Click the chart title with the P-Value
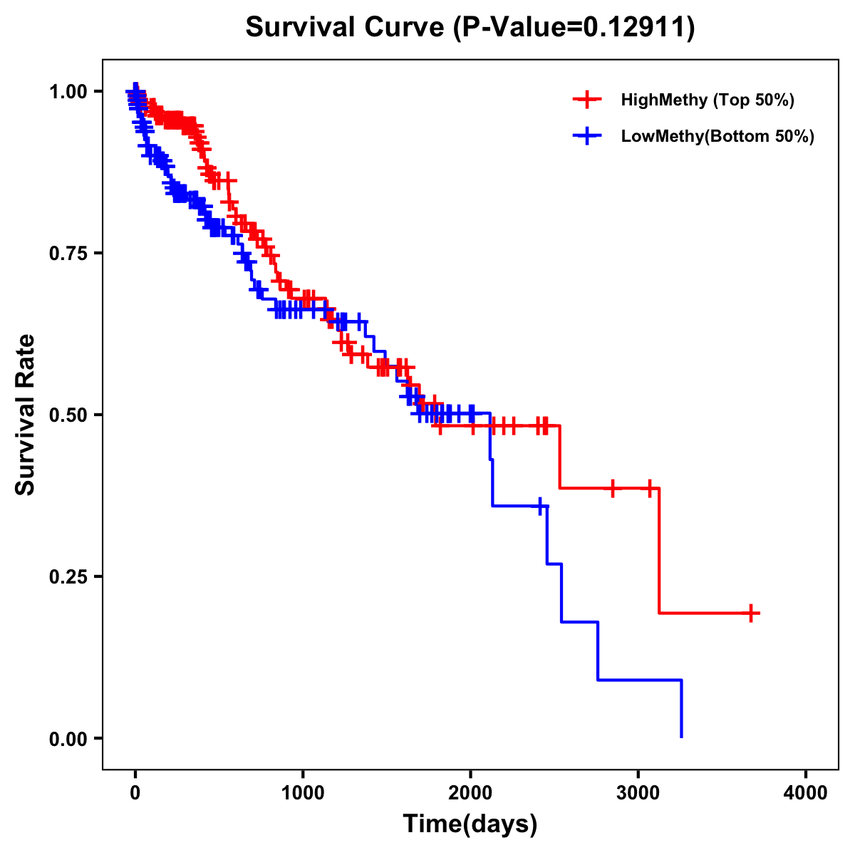coord(470,27)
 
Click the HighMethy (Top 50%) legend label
coord(707,100)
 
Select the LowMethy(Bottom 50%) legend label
coord(717,136)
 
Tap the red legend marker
coord(587,100)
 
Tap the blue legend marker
coord(587,136)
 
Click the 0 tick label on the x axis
coord(135,793)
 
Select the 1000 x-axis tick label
coord(303,793)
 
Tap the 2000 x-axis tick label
coord(470,793)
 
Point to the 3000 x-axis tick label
coord(638,793)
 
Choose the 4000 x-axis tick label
coord(806,793)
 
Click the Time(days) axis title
coord(470,824)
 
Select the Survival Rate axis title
coord(26,415)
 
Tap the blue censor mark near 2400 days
coord(540,506)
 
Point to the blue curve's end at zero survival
coord(682,737)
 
